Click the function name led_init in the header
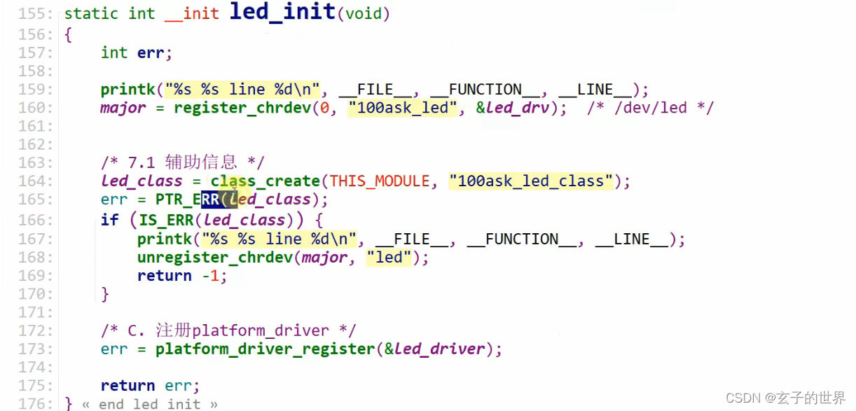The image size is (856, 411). pyautogui.click(x=282, y=13)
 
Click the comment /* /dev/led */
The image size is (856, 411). pyautogui.click(x=651, y=108)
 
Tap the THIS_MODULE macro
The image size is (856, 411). pyautogui.click(x=380, y=181)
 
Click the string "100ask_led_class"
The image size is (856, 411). pyautogui.click(x=531, y=181)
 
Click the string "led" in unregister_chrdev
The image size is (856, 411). pyautogui.click(x=389, y=258)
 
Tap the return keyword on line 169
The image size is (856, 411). pyautogui.click(x=164, y=276)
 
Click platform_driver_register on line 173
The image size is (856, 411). pyautogui.click(x=265, y=349)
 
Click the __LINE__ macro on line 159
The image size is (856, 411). pyautogui.click(x=595, y=90)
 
